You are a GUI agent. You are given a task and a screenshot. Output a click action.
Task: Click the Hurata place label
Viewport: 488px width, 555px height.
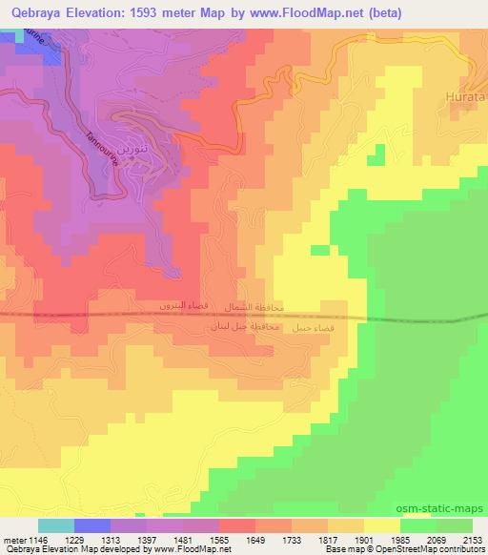tap(466, 96)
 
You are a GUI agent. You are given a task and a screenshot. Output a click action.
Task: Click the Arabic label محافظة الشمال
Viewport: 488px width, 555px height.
tap(254, 308)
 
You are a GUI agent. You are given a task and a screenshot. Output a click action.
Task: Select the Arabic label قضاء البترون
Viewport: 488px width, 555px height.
tap(184, 308)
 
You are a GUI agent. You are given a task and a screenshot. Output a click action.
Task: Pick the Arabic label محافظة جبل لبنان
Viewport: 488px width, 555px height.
tap(245, 327)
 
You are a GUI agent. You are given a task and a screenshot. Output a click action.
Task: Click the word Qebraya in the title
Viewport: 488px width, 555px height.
tap(32, 13)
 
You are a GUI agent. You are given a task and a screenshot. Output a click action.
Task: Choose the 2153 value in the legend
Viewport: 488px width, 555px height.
tap(472, 540)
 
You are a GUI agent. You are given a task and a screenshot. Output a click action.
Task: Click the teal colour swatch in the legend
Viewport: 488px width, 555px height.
tap(56, 525)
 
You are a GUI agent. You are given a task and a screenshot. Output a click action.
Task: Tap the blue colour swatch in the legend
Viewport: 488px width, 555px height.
tap(92, 525)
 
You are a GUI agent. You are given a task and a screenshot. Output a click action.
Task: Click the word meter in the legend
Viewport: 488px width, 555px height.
tap(15, 540)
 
